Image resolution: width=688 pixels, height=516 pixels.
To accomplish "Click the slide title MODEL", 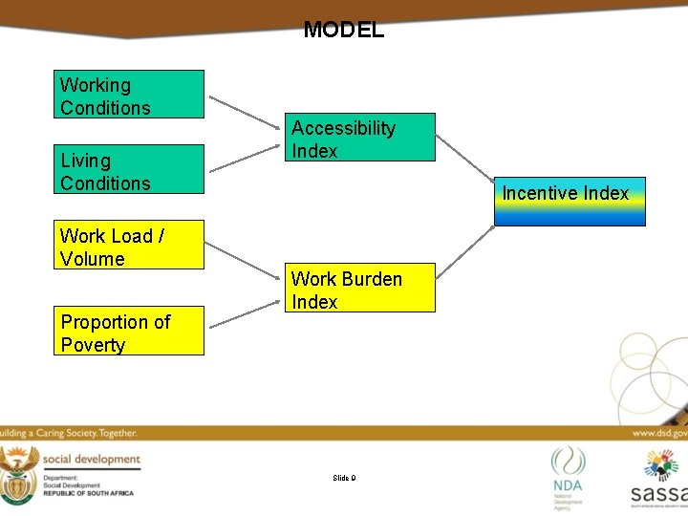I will [343, 30].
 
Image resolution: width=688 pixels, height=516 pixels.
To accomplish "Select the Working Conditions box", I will [129, 95].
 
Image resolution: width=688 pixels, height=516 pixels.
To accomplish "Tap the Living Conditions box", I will [129, 170].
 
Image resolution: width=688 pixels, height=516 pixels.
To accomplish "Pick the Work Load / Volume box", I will [129, 246].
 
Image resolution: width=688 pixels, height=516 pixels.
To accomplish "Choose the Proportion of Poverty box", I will [129, 332].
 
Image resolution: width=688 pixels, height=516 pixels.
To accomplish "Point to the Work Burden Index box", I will [362, 289].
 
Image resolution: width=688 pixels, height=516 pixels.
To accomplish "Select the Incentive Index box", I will [570, 201].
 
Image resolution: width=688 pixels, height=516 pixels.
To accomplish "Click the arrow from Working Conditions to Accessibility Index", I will [246, 112].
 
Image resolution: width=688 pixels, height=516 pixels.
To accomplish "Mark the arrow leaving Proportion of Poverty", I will [246, 312].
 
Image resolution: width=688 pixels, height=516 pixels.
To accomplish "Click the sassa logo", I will [660, 477].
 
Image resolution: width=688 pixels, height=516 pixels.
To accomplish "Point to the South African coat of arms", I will [18, 474].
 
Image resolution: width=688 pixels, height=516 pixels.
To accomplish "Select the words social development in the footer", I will [91, 460].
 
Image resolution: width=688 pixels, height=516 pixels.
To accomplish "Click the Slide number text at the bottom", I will [344, 477].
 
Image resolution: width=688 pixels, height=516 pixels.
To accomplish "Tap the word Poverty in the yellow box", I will [93, 345].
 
